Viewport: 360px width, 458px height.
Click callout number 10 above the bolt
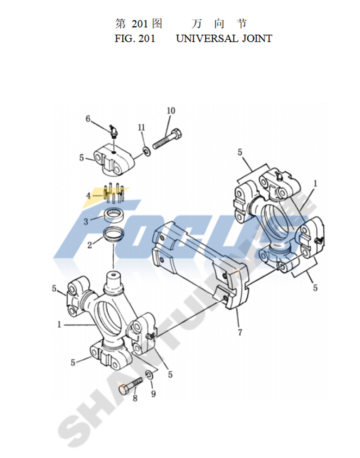[x=171, y=111]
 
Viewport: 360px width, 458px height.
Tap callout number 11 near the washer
[x=141, y=128]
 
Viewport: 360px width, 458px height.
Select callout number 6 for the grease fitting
[x=88, y=119]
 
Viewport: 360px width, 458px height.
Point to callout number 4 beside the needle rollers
[x=89, y=196]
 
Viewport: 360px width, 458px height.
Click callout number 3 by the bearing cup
[x=86, y=222]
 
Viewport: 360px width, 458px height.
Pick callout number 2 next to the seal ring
[x=90, y=245]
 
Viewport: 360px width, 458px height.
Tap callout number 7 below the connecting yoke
[x=240, y=332]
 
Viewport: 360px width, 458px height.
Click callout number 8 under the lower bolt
[x=135, y=398]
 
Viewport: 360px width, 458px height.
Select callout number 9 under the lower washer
[x=153, y=394]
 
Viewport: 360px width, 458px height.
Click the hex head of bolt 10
[x=177, y=133]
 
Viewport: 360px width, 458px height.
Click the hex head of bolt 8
[x=123, y=390]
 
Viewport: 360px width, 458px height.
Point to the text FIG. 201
[x=135, y=39]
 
